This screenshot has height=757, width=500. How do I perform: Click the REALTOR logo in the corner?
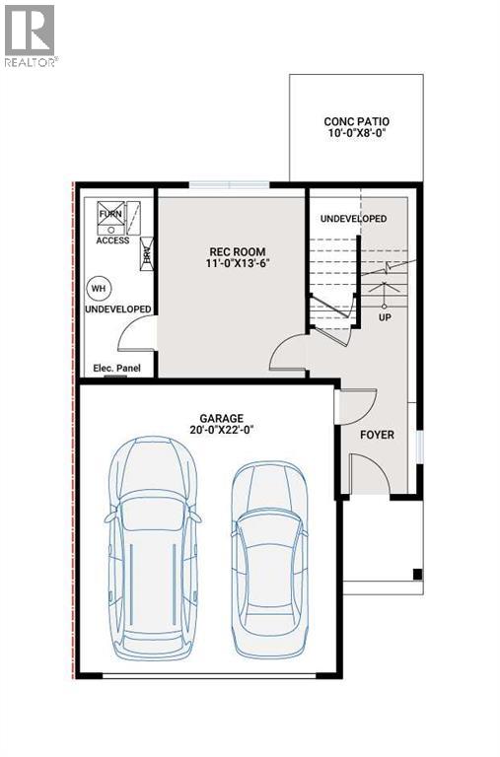(x=31, y=34)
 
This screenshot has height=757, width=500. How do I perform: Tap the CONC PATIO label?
(x=355, y=123)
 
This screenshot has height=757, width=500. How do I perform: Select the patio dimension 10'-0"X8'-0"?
(x=355, y=137)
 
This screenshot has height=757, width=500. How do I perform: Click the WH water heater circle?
(x=98, y=288)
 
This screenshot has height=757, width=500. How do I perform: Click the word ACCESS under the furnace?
(x=112, y=241)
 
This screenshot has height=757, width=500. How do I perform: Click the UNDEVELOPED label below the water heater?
(x=117, y=310)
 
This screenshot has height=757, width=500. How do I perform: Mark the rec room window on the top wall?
(x=229, y=184)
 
